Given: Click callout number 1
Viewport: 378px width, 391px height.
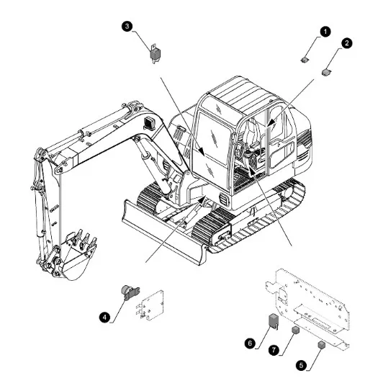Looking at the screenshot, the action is [325, 32].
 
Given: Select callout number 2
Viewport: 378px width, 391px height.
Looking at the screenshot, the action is [347, 43].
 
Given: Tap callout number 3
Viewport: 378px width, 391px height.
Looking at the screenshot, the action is [127, 26].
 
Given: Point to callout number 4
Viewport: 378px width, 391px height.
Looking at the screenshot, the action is [104, 317].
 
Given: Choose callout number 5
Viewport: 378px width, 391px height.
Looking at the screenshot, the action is [301, 365].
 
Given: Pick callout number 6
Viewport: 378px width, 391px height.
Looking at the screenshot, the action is [250, 343].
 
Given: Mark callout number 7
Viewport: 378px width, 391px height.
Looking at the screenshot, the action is [274, 350].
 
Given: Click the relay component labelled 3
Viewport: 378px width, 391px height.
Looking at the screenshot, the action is [155, 53].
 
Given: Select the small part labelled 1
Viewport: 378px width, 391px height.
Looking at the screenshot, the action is [305, 60].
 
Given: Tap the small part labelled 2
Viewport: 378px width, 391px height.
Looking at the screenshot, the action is [327, 72].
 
